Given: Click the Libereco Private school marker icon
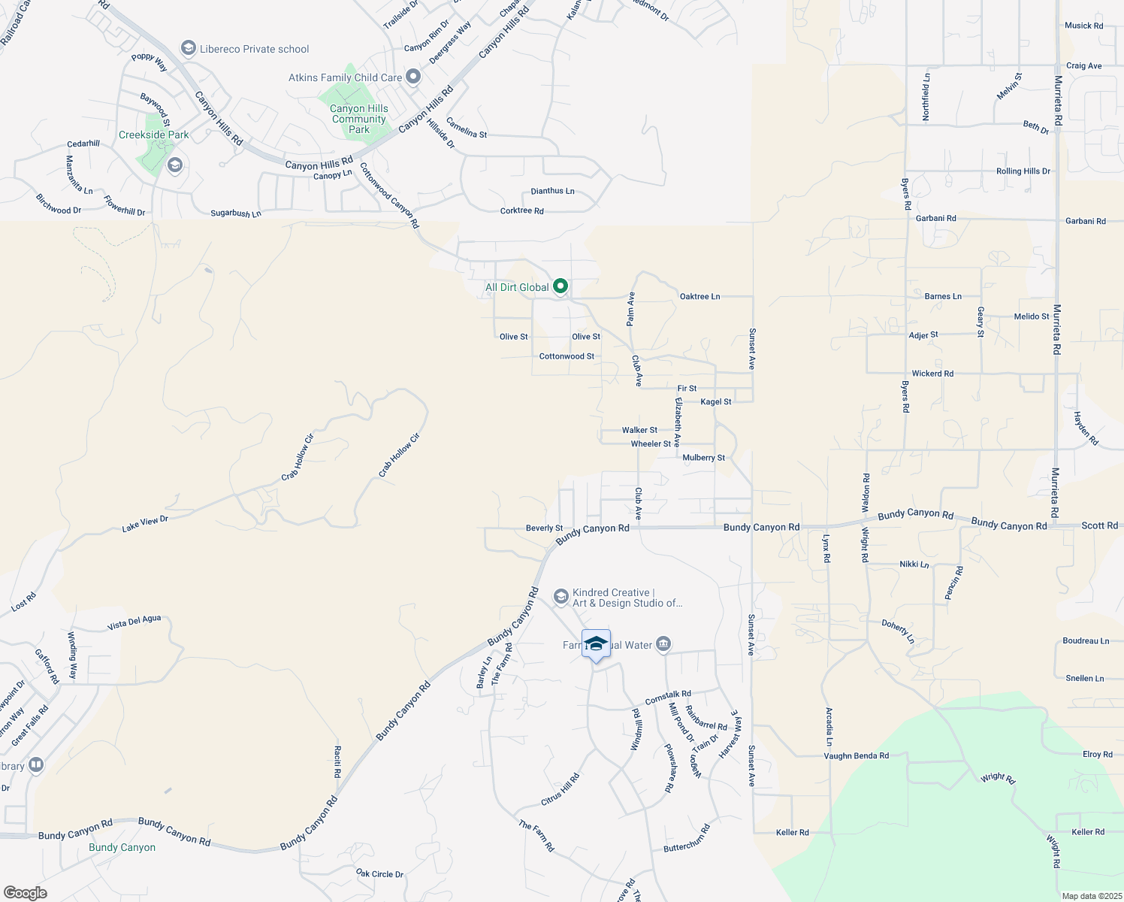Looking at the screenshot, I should coord(189,49).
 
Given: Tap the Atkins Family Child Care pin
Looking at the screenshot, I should coord(413,77).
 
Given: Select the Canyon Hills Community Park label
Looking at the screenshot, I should coord(359,119).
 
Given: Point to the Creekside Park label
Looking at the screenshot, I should coord(154,135).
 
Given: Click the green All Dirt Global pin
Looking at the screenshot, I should coord(560,286).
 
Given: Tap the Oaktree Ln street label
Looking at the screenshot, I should coord(699,297).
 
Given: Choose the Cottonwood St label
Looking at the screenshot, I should coord(567,356).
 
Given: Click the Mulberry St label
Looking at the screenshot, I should coord(703,458).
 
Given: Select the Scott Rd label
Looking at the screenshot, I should coord(1099,526).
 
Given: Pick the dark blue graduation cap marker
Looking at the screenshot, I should coord(596,644).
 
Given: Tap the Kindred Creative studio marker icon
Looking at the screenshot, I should coord(560,597).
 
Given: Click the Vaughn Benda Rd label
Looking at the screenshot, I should coord(856,756).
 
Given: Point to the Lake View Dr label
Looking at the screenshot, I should coord(145,524).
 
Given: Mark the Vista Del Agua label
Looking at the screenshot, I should coord(134,622).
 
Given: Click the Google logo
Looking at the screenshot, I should coord(25,892).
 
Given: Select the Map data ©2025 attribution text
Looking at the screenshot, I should coord(1092,896).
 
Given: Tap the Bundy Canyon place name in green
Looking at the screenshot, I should coord(122,847).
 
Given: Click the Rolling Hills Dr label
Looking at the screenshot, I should coord(1023,171).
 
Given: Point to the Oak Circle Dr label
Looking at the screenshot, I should coord(379,874).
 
